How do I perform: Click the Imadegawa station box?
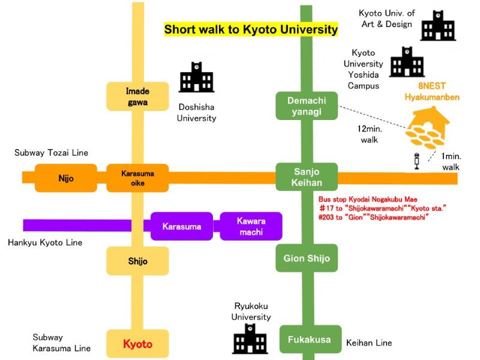(x=137, y=97)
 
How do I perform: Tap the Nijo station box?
(x=66, y=178)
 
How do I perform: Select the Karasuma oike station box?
(x=137, y=178)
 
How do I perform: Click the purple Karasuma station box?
(x=181, y=227)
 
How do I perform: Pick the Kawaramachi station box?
(x=251, y=227)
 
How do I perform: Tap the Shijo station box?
(x=137, y=261)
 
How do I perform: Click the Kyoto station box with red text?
(x=137, y=344)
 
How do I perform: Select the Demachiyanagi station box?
(x=307, y=106)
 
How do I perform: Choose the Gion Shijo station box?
(x=307, y=259)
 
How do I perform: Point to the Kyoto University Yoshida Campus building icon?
(x=407, y=62)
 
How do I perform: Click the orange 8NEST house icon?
(x=427, y=127)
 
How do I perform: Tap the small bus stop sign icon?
(x=415, y=161)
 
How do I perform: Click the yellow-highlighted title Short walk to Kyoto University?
(x=251, y=29)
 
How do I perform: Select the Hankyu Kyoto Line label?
(x=45, y=242)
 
